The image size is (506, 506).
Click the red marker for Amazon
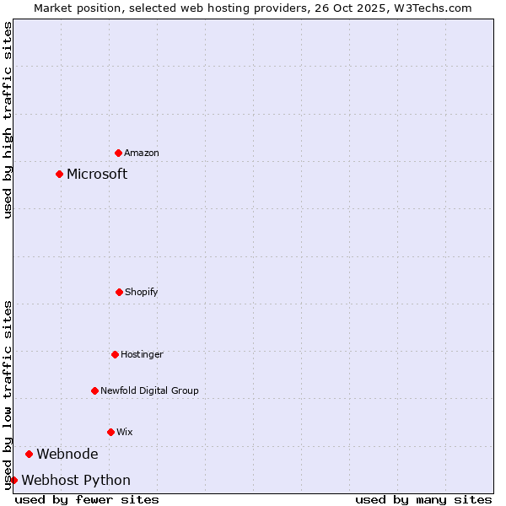point(118,153)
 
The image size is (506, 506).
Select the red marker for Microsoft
point(59,175)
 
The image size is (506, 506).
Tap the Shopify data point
point(119,292)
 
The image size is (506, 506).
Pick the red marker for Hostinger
point(115,354)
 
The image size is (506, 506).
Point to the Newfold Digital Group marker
point(94,390)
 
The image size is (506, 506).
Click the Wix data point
point(110,432)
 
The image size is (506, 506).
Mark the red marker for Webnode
point(29,454)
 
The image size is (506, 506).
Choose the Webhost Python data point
point(13,480)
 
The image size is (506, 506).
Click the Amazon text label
point(142,153)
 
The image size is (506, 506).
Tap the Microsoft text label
point(97,175)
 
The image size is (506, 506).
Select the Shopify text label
point(142,292)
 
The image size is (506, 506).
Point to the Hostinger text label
point(142,354)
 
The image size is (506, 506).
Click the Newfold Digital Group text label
point(149,390)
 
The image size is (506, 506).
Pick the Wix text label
point(125,432)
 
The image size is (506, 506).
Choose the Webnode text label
point(67,454)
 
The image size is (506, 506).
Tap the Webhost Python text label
point(76,480)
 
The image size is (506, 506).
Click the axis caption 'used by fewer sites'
point(87,499)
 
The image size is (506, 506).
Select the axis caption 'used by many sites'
point(423,499)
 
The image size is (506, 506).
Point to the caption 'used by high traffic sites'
point(8,120)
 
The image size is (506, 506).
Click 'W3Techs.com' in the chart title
point(432,8)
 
